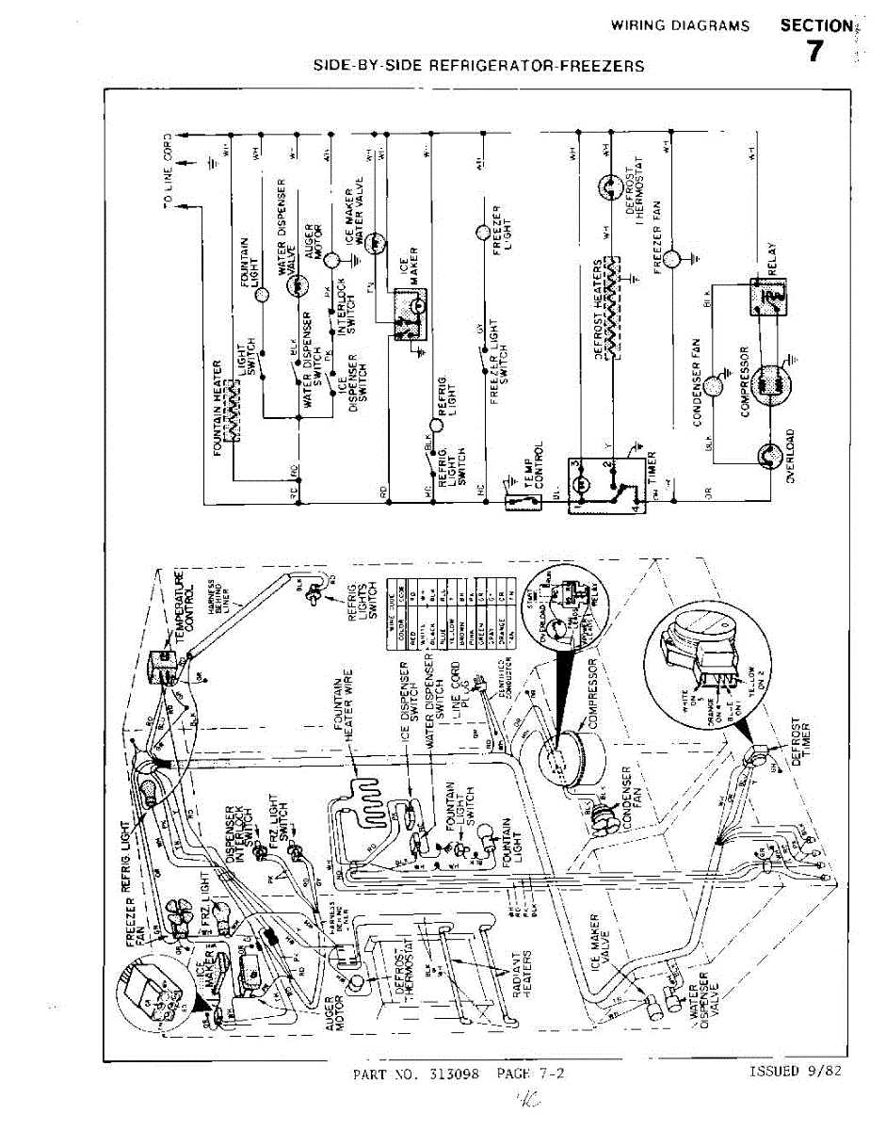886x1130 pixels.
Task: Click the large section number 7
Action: coord(815,53)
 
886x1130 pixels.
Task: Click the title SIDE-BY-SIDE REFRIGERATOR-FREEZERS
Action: coord(479,66)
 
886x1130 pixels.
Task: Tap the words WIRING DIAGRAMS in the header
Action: coord(681,25)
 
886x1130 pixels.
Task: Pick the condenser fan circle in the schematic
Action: coord(717,383)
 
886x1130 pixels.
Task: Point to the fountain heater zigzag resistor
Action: coord(231,410)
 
